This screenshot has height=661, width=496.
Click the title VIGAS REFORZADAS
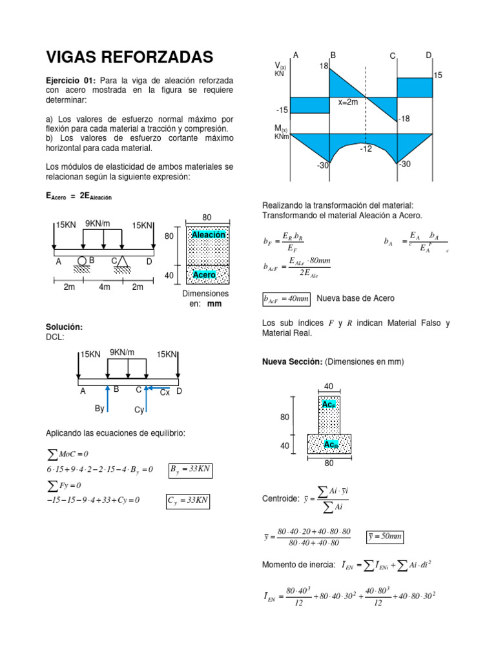point(129,58)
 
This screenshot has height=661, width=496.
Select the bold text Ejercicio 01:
point(71,80)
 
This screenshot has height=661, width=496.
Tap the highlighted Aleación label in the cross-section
point(209,235)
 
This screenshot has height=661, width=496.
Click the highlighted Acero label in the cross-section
point(205,275)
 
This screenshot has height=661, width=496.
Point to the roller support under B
point(83,261)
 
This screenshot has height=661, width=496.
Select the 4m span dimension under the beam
point(104,287)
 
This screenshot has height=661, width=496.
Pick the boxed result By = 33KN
point(191,470)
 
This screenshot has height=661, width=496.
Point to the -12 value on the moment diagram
point(367,148)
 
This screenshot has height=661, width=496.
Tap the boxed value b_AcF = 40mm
point(286,299)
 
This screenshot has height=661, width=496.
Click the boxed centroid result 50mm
point(384,536)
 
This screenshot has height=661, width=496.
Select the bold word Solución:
point(64,327)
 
